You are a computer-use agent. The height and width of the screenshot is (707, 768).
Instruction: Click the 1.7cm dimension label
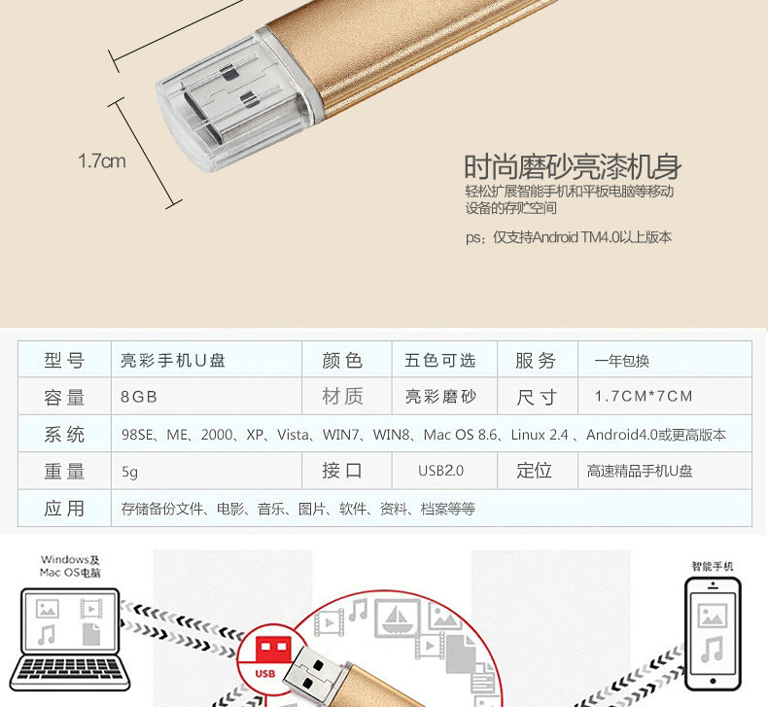tap(102, 160)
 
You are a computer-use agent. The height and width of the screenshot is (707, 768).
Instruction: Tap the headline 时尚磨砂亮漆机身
tap(573, 167)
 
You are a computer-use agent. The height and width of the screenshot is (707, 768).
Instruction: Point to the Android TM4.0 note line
tap(568, 237)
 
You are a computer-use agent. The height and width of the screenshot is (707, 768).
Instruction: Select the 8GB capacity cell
tap(139, 397)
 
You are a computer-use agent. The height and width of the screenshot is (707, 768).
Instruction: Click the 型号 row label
tap(64, 360)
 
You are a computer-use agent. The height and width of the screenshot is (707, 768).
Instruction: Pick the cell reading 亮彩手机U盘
tap(173, 360)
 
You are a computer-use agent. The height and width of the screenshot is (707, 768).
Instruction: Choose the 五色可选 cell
tap(439, 360)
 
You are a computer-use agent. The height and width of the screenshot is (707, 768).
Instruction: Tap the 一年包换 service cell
tap(621, 361)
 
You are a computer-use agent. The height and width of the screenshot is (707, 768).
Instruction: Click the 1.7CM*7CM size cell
tap(644, 396)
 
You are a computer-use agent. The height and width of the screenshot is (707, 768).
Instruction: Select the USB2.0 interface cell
tap(440, 471)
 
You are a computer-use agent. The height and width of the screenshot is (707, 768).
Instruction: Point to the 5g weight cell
tap(130, 472)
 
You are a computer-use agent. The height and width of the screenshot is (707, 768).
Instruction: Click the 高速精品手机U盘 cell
tap(640, 471)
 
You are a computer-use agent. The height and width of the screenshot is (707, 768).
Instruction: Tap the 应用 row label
tap(64, 509)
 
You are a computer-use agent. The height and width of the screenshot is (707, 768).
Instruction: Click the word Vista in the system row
tap(293, 435)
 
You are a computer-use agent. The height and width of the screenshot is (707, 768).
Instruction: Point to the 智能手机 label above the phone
tap(713, 566)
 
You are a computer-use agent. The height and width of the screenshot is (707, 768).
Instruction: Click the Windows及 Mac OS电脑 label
tap(70, 566)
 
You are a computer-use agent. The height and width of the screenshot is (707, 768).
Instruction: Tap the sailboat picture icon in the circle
tap(398, 619)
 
